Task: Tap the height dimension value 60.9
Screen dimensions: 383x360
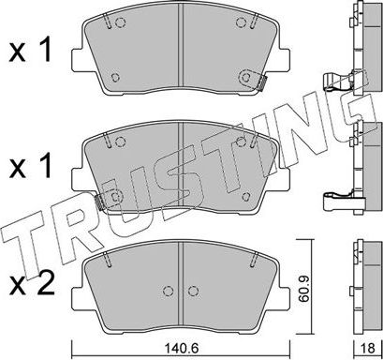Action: tap(303, 289)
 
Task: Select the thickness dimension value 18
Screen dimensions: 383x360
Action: tap(368, 348)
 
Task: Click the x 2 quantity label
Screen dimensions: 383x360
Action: tap(32, 283)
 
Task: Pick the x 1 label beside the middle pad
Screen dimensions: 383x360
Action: tap(30, 167)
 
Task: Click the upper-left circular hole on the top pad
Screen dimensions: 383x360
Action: tap(120, 22)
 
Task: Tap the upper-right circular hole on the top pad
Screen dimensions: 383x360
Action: tap(241, 22)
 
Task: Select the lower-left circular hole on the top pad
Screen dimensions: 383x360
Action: tap(115, 77)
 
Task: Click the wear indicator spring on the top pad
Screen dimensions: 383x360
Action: tap(261, 83)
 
